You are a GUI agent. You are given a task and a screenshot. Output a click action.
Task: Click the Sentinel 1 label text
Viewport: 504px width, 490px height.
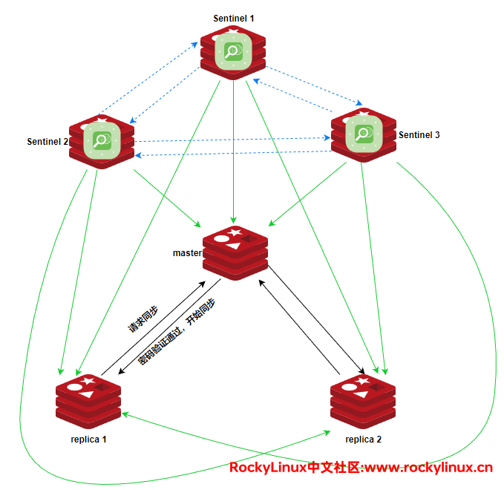[233, 17]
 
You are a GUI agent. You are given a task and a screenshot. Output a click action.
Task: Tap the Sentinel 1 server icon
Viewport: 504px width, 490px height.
[233, 52]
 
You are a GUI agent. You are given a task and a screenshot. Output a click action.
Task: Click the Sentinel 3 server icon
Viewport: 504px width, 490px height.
[363, 135]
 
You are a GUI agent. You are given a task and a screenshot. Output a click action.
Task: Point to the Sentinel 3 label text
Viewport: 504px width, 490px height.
[419, 135]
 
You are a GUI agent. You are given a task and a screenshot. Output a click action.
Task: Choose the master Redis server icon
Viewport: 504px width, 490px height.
[235, 252]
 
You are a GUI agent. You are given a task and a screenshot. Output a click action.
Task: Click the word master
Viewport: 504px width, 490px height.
[187, 253]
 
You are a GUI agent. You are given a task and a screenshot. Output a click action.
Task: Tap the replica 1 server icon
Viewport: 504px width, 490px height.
[88, 399]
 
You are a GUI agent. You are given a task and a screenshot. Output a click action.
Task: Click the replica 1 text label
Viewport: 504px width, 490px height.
[88, 439]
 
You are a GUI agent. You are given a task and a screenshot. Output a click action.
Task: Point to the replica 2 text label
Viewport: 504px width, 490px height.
[364, 440]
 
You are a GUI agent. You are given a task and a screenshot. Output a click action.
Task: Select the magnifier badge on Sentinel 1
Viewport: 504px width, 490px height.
[233, 50]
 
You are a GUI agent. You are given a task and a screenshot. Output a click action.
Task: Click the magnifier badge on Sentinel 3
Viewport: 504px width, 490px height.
[363, 134]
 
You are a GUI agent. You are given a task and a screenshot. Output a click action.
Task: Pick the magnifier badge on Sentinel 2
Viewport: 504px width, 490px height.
[102, 139]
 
